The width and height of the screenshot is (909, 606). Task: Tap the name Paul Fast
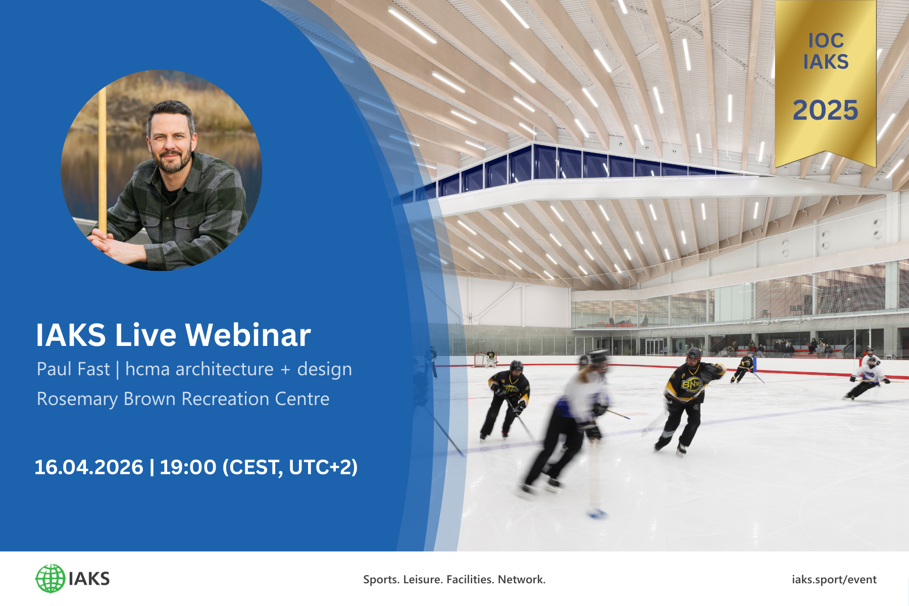click(73, 369)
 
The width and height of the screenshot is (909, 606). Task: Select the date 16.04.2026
click(89, 467)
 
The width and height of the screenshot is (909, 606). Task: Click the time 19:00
click(188, 467)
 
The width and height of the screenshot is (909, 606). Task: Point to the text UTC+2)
click(323, 467)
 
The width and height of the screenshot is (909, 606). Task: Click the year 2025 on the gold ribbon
click(825, 110)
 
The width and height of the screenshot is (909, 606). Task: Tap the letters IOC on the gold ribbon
click(826, 40)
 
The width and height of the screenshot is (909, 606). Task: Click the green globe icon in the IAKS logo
click(50, 578)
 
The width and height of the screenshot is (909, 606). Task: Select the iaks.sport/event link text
click(834, 579)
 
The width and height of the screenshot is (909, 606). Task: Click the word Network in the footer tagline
click(521, 579)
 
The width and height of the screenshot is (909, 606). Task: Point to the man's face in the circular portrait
click(171, 139)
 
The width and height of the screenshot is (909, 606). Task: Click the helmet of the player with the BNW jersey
click(694, 353)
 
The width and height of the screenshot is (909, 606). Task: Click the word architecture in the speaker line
click(224, 369)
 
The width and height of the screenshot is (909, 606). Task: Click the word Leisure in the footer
click(423, 579)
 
